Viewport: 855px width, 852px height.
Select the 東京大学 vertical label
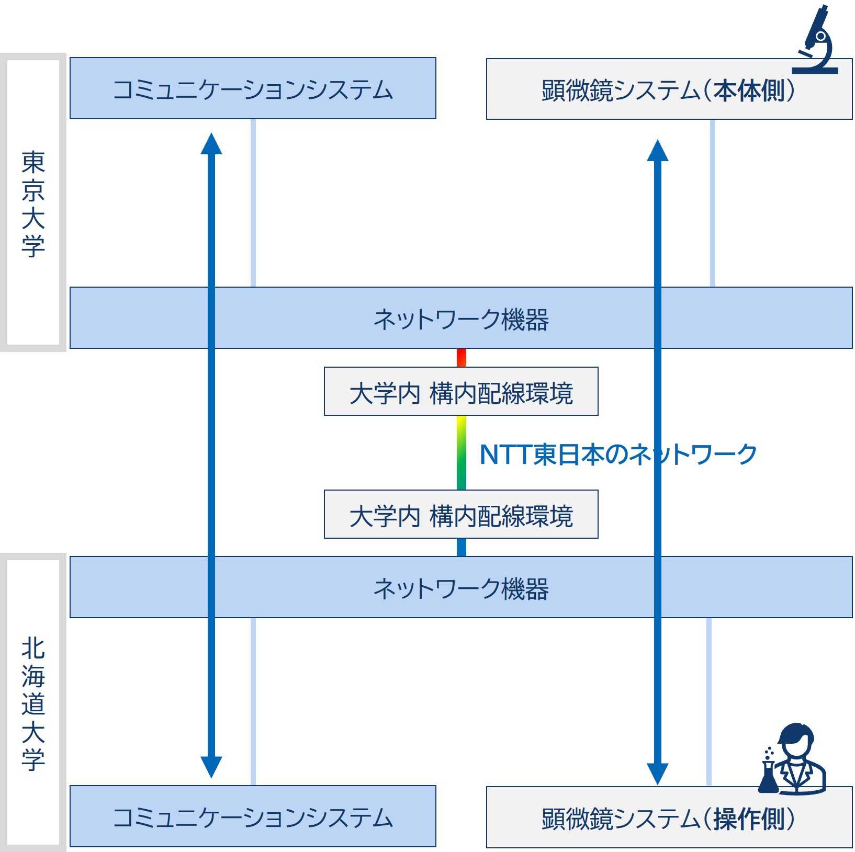[33, 204]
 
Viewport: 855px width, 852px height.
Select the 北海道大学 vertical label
[33, 703]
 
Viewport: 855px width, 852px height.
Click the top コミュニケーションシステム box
[253, 88]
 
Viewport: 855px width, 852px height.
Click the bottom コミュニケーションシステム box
[253, 816]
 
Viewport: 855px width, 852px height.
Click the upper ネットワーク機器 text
[461, 319]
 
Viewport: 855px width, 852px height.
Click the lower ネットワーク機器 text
[461, 588]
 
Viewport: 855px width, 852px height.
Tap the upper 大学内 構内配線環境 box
[461, 392]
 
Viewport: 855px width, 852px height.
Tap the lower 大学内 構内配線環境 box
[461, 515]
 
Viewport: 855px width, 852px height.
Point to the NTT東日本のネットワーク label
[618, 454]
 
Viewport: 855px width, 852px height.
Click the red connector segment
[461, 358]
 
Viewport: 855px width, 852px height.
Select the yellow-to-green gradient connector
[461, 452]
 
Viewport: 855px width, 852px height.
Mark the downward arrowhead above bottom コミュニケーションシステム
[211, 766]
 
